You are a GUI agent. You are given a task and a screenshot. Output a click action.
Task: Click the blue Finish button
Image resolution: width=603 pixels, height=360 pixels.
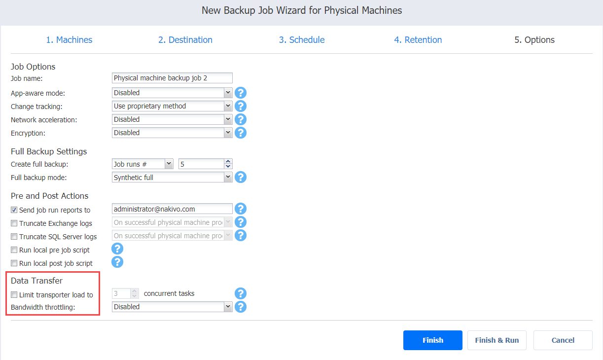point(432,340)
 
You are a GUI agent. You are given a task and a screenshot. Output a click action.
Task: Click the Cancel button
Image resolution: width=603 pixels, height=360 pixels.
point(563,340)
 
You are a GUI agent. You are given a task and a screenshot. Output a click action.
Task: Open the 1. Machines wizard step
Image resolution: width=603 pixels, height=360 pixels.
point(69,40)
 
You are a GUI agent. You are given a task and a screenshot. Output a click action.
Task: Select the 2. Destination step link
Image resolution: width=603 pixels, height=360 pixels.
point(185,40)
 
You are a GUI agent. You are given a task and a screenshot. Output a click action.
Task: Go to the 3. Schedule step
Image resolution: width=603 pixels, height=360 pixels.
point(302,40)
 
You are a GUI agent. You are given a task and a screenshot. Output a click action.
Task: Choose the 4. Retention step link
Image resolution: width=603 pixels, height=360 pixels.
point(418,40)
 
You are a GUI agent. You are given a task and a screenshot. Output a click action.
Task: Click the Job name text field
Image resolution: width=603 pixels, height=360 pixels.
point(172,78)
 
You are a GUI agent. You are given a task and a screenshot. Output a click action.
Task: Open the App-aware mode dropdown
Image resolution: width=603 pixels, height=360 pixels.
point(172,93)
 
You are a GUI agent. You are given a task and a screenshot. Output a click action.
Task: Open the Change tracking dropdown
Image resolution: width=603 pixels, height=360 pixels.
point(172,106)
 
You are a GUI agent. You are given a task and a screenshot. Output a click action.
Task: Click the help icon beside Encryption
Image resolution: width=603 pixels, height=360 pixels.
point(241,133)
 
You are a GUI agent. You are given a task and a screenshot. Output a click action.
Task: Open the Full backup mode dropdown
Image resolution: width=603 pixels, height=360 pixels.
point(172,178)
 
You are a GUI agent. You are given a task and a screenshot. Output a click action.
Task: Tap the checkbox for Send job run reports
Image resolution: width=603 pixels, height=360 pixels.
point(14,210)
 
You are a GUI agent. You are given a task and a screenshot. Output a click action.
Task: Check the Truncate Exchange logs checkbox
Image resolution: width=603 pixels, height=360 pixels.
point(14,223)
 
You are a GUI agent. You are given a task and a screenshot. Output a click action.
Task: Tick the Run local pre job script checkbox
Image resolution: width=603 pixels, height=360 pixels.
point(14,250)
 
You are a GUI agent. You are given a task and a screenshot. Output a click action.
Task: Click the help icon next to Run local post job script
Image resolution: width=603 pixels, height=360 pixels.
point(117,262)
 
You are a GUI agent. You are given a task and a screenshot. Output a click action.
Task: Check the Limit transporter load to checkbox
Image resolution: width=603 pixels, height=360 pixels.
point(14,294)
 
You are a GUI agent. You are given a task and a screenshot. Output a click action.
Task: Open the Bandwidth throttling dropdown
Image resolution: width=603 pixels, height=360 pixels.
point(172,307)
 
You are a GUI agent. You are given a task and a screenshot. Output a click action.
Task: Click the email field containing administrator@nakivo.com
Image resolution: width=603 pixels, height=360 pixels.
point(172,209)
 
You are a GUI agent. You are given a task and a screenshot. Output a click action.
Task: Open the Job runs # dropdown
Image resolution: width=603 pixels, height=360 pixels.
point(142,164)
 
